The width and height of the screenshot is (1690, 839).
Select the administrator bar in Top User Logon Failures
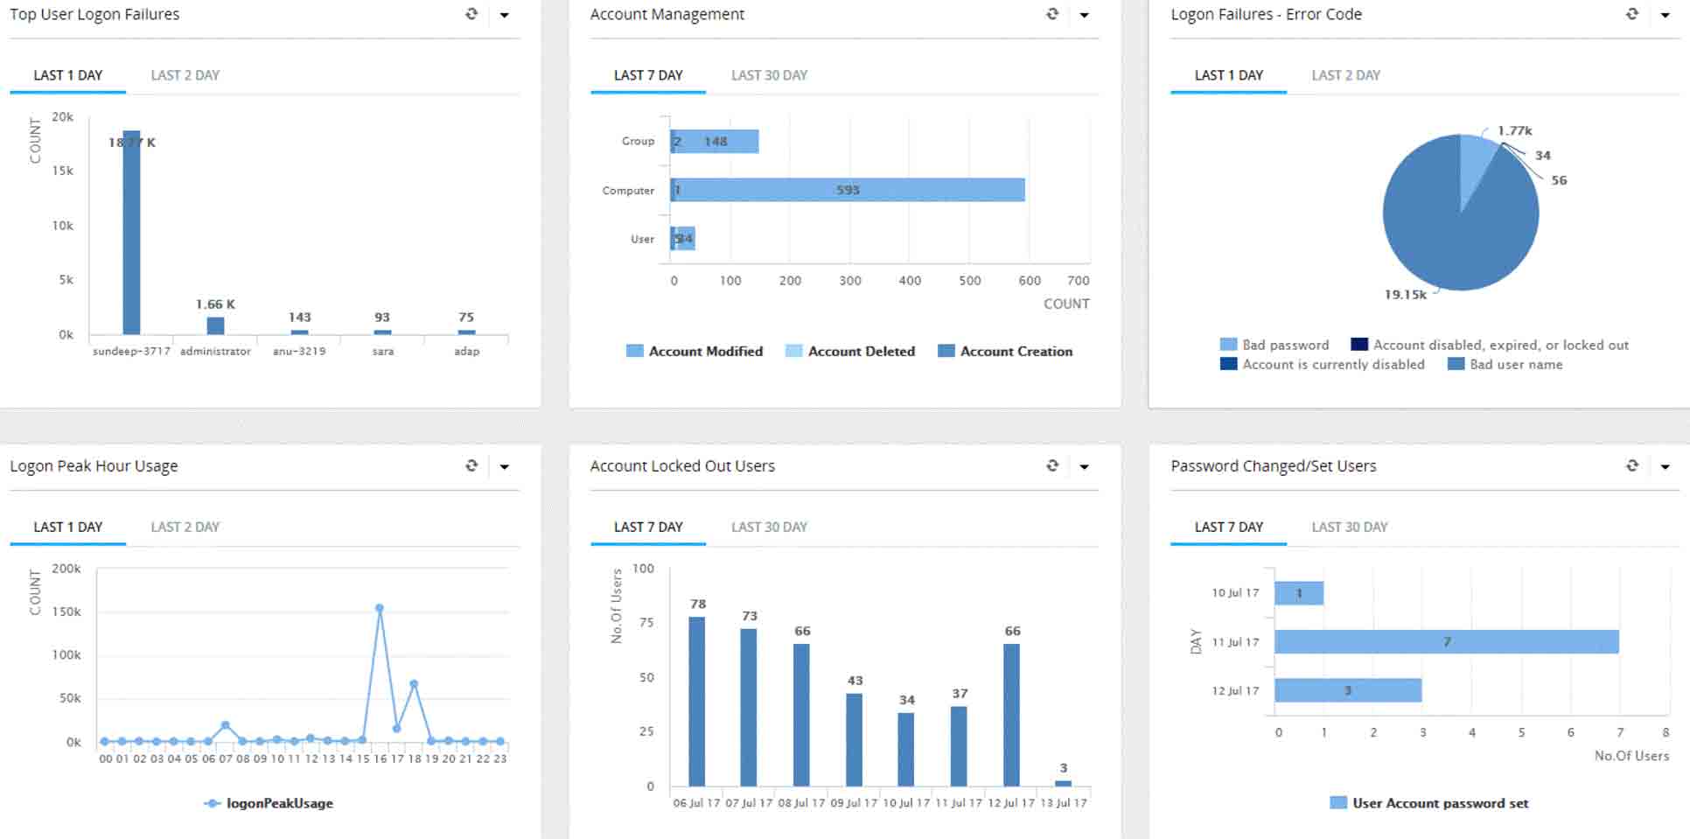[x=215, y=325]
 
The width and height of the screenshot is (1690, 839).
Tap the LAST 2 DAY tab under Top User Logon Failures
[x=185, y=75]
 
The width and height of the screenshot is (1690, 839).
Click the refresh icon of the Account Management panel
[x=1052, y=14]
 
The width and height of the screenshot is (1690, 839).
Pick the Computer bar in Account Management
[x=847, y=190]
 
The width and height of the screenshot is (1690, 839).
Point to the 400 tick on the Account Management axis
[x=910, y=281]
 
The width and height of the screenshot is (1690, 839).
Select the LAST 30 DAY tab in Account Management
[x=769, y=75]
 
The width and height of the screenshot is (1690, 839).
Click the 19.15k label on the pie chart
[x=1405, y=295]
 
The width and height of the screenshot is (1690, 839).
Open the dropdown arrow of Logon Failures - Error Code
[x=1665, y=15]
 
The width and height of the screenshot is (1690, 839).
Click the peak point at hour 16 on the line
[x=380, y=608]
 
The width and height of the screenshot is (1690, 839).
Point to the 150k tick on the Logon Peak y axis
[x=66, y=612]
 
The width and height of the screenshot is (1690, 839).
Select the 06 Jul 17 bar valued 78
[x=696, y=701]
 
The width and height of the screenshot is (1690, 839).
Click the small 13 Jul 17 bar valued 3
[x=1063, y=783]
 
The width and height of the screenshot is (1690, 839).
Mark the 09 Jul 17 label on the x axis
[x=854, y=803]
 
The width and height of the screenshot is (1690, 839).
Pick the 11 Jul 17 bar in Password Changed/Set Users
[x=1446, y=642]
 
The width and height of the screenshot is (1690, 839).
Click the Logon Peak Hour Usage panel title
[x=94, y=466]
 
